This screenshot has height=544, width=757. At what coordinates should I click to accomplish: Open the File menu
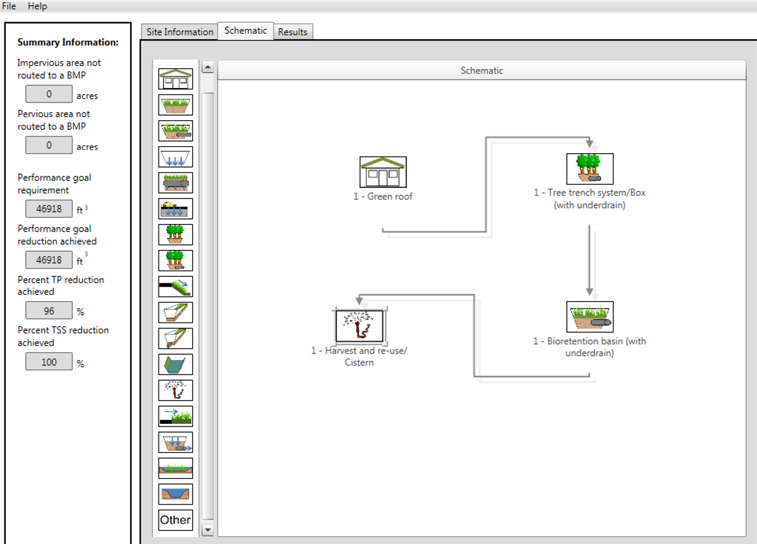(x=9, y=6)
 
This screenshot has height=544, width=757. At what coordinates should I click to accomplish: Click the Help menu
(x=37, y=6)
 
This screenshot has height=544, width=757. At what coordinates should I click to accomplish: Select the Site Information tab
(x=179, y=32)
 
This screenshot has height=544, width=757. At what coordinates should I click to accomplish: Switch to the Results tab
(x=293, y=32)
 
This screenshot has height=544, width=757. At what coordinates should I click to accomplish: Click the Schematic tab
(x=246, y=30)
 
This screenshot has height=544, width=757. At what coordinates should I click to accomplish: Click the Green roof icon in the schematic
(x=383, y=172)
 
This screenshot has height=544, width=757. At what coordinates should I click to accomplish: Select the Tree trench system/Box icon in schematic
(x=590, y=169)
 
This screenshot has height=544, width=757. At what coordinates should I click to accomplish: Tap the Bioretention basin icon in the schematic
(x=590, y=316)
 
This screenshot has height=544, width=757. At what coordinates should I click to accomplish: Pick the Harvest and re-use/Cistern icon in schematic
(x=359, y=325)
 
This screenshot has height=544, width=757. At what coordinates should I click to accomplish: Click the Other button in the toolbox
(x=175, y=520)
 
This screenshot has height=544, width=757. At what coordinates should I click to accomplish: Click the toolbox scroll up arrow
(x=207, y=67)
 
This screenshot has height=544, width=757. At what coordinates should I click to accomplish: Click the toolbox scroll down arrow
(x=207, y=529)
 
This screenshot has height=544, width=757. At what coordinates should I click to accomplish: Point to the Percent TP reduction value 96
(x=49, y=311)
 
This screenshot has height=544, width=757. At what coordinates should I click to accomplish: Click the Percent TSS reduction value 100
(x=49, y=362)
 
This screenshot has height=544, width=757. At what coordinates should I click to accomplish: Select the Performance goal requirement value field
(x=49, y=209)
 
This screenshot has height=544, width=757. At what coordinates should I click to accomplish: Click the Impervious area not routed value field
(x=49, y=94)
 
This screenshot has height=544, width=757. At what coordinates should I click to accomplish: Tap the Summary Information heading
(x=68, y=42)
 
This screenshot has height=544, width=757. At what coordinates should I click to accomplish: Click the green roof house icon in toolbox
(x=175, y=79)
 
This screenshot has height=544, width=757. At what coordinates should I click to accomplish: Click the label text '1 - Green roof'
(x=383, y=196)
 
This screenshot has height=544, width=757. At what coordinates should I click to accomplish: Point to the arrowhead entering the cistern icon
(x=359, y=301)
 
